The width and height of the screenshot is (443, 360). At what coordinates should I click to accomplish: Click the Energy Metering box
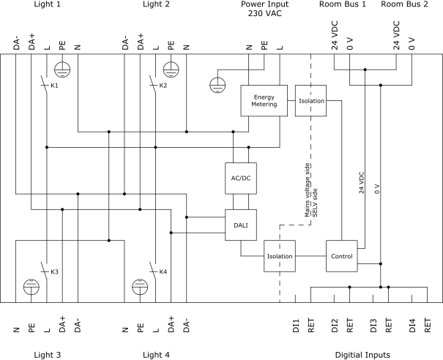click(x=264, y=100)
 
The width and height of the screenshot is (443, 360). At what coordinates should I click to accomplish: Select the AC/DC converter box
click(x=241, y=178)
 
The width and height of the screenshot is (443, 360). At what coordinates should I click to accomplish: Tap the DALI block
click(x=241, y=225)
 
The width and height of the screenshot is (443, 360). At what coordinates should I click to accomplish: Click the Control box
click(x=341, y=256)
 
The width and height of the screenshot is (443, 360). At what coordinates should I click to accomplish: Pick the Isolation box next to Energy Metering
click(x=310, y=100)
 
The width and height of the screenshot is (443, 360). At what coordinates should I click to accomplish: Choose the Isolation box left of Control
click(x=280, y=256)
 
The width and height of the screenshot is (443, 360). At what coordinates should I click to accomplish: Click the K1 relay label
click(x=54, y=86)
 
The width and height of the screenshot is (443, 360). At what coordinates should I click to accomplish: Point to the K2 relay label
click(x=163, y=86)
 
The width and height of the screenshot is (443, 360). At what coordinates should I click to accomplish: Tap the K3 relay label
click(x=54, y=272)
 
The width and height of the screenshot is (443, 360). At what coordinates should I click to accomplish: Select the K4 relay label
click(x=163, y=272)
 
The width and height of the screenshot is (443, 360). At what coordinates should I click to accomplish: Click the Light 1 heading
click(x=47, y=4)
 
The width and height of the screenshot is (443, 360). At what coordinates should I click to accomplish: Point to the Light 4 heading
click(x=156, y=355)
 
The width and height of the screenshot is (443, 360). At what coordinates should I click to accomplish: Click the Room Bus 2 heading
click(x=404, y=4)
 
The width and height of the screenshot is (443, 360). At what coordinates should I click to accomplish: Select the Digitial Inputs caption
click(x=362, y=355)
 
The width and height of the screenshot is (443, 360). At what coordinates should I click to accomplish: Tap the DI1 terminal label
click(x=296, y=326)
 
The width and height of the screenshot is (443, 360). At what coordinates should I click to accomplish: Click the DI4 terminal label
click(x=412, y=326)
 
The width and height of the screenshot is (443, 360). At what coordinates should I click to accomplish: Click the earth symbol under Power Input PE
click(x=217, y=85)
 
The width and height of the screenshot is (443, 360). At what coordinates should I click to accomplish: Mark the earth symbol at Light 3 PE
click(x=31, y=287)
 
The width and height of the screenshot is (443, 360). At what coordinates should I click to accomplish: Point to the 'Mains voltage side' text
click(x=308, y=190)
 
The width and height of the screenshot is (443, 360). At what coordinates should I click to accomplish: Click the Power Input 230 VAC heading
click(x=265, y=9)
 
